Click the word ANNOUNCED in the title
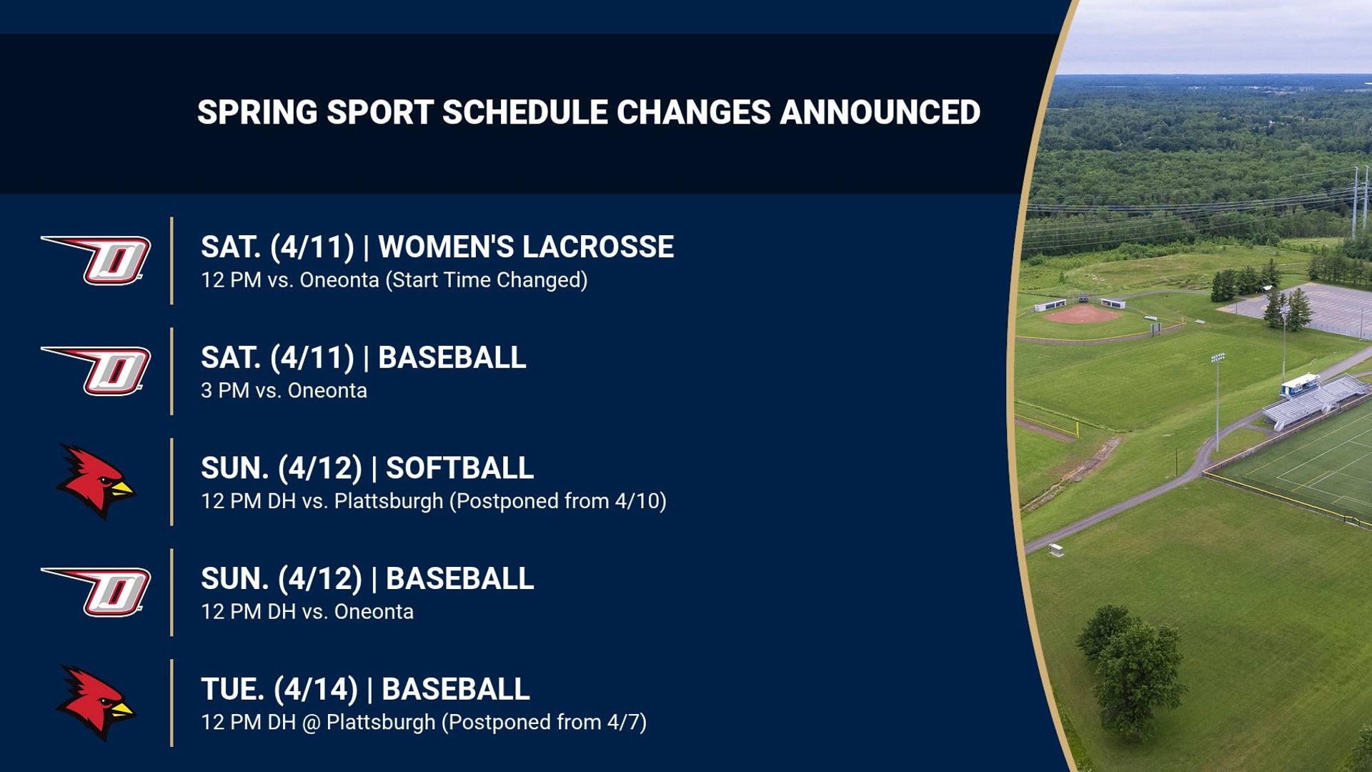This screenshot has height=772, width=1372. tap(880, 112)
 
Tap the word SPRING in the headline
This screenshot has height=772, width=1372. tap(257, 112)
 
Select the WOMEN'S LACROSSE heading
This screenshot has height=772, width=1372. tap(525, 247)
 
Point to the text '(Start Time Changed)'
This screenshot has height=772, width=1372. tap(486, 280)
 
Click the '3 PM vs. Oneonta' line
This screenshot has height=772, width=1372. tap(284, 391)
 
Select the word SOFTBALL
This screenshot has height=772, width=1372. tap(459, 468)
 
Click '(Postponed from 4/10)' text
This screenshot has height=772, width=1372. tap(557, 501)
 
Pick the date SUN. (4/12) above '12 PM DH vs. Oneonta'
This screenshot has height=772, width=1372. tap(281, 579)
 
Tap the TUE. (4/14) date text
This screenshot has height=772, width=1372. tap(279, 689)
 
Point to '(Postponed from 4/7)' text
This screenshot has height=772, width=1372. tap(544, 723)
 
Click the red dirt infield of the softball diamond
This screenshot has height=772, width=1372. tap(1083, 315)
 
